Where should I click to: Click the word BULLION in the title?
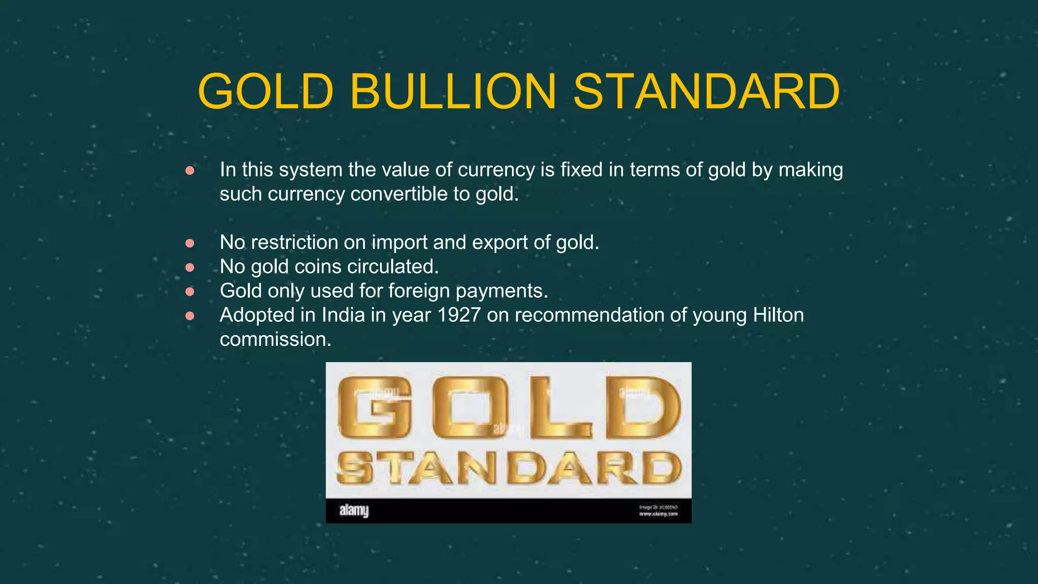[453, 91]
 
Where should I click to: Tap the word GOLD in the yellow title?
[266, 91]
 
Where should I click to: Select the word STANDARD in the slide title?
[707, 91]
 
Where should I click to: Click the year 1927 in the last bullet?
[459, 315]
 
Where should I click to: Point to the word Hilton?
[778, 315]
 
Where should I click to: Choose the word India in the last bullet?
[343, 315]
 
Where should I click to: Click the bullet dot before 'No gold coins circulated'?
[190, 267]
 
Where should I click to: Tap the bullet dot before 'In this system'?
[190, 170]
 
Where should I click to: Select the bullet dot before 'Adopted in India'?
[190, 316]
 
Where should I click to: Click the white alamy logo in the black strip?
[354, 510]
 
